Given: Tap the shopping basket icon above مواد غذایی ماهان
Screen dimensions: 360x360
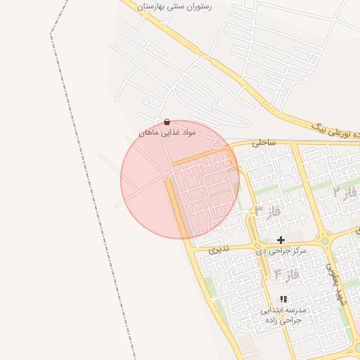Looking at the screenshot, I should click(167, 122).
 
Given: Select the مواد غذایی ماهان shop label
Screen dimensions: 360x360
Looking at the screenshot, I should click(167, 132).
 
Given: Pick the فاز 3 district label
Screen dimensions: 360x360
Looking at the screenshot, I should click(268, 210).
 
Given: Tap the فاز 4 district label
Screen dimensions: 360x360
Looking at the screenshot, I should click(286, 274).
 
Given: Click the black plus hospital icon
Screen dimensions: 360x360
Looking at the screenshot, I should click(281, 240).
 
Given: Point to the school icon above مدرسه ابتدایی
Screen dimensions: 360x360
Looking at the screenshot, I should click(283, 299).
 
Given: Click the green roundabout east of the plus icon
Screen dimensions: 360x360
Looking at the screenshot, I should click(324, 240).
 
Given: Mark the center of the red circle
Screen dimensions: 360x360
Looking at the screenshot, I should click(180, 179).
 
